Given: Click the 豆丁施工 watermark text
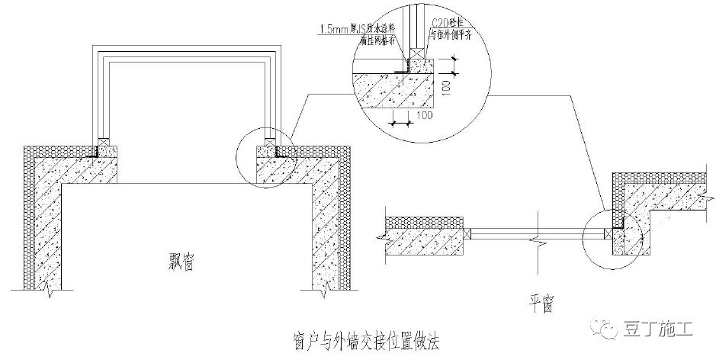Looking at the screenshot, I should [663, 329].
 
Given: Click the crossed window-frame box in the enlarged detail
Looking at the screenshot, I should [415, 56].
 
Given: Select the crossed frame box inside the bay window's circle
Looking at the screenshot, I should [270, 141].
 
